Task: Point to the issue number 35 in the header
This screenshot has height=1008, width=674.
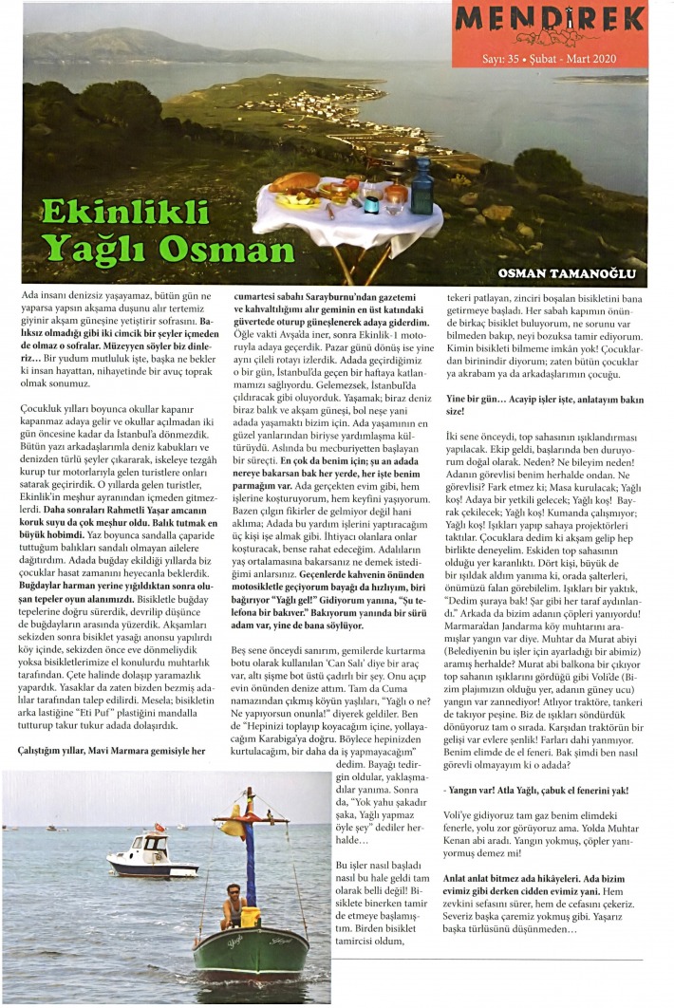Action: click(522, 58)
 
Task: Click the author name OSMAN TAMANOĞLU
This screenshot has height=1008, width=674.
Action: click(566, 274)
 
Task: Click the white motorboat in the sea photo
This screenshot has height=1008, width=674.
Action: click(152, 857)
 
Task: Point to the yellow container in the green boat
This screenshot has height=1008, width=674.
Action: click(251, 917)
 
